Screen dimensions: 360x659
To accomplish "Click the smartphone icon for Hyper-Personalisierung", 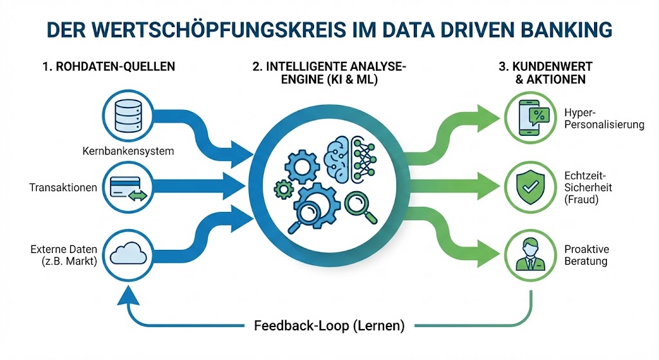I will [530, 117].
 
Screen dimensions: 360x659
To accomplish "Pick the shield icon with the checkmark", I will [530, 185].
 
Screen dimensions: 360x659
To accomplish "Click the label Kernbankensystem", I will [129, 152].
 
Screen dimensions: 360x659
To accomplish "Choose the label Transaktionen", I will [63, 188].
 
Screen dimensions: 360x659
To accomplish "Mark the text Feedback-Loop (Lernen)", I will [329, 325].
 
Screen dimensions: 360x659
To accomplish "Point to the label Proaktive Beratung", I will [586, 255].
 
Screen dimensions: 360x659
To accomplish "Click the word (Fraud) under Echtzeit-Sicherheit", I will [581, 200].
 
